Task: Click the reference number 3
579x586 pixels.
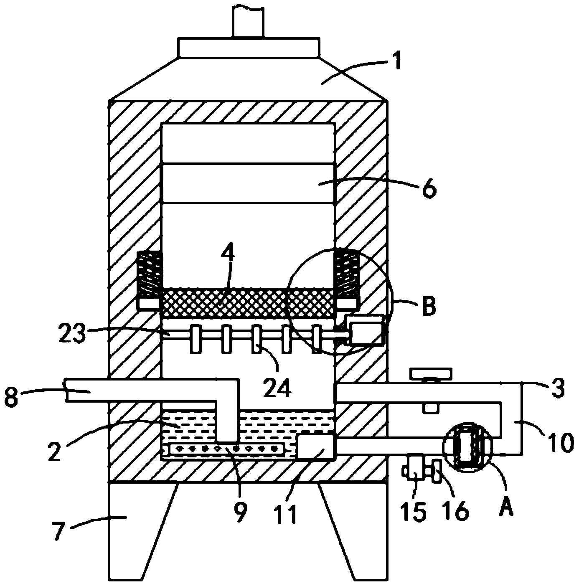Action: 558,388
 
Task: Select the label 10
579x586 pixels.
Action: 559,442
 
